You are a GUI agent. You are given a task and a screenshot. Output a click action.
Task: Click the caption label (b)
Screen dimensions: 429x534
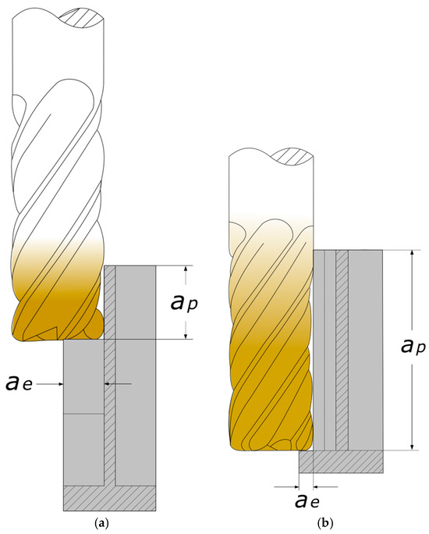[325, 522]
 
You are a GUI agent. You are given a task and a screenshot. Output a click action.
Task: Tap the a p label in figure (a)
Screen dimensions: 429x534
[184, 302]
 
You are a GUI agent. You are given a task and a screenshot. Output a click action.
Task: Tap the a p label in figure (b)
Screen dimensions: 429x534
[413, 347]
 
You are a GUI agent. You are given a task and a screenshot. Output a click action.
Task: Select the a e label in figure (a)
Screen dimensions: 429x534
[19, 383]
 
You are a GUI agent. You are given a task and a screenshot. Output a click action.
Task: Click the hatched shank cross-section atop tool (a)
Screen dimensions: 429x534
[81, 16]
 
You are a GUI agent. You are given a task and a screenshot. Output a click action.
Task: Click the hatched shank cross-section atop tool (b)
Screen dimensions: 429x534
[293, 156]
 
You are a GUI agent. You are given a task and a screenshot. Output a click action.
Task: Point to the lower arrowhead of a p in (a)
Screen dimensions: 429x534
[186, 336]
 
